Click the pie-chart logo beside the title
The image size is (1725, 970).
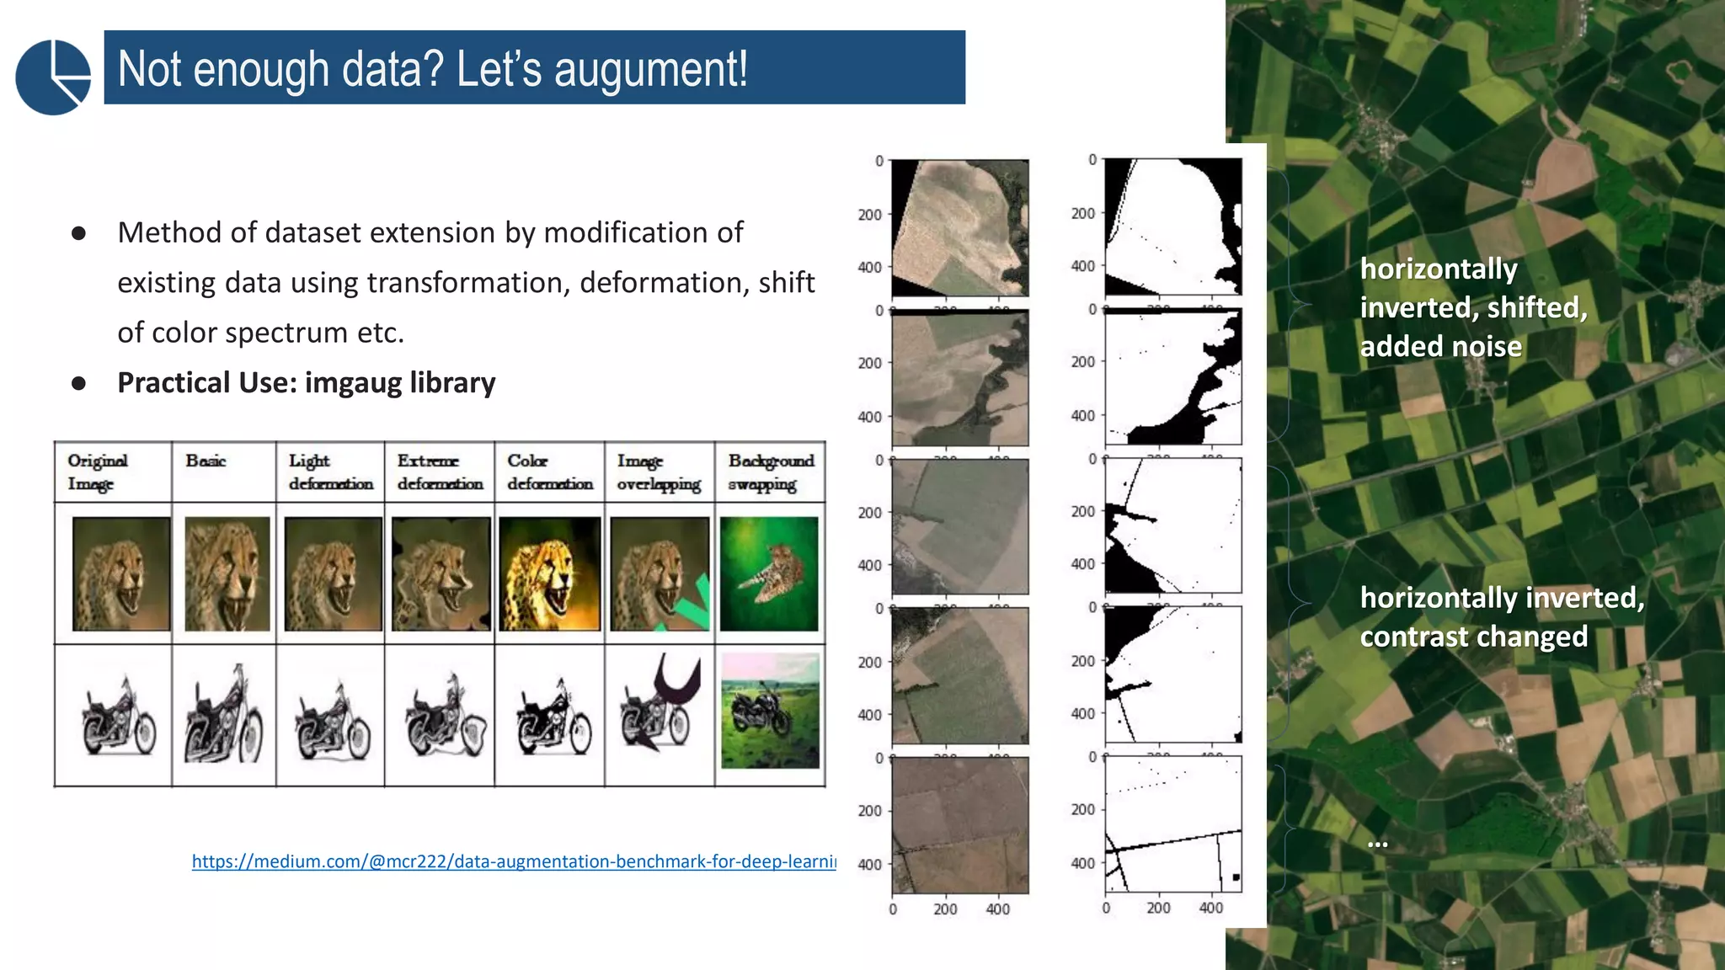pos(53,77)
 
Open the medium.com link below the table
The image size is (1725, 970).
pos(514,861)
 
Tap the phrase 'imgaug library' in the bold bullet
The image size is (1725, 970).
pos(400,383)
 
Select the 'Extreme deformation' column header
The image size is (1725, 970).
pos(440,472)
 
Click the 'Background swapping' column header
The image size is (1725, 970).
pos(771,472)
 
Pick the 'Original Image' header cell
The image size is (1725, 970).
pos(98,472)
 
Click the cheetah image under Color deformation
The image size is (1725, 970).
pos(549,574)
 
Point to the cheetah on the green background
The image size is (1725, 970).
pos(769,574)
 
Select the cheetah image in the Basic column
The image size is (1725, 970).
pos(227,574)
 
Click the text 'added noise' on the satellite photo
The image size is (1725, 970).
pos(1440,347)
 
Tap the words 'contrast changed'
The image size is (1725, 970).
pos(1473,637)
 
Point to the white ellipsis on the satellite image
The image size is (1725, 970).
pos(1377,843)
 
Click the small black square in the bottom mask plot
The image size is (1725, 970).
pos(1236,877)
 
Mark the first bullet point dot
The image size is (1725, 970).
pos(79,233)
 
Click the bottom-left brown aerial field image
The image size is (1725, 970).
pos(960,825)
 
